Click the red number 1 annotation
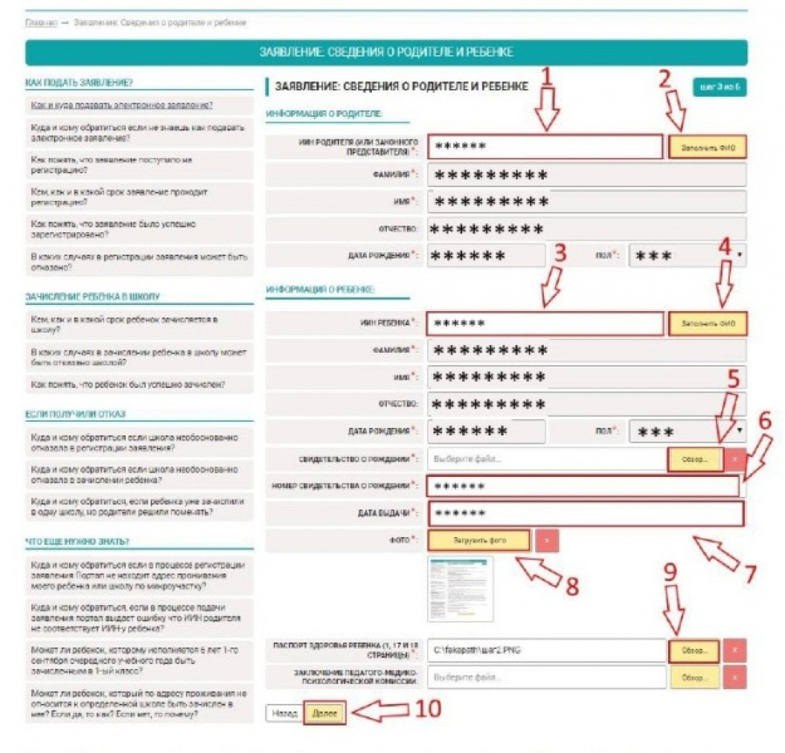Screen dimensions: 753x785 pos(547,78)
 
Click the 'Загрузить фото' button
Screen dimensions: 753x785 pos(478,540)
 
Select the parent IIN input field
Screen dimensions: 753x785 pos(545,147)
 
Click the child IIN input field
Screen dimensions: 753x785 pos(545,324)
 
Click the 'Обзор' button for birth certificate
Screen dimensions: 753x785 pos(694,459)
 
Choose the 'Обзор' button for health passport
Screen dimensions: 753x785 pos(694,651)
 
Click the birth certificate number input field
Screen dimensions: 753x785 pos(583,487)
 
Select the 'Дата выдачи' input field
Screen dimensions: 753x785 pos(586,514)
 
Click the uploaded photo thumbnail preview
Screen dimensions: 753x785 pos(460,589)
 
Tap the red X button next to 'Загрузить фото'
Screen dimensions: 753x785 pos(546,540)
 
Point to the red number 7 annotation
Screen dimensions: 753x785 pos(750,573)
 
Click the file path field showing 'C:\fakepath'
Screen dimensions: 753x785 pos(546,651)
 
